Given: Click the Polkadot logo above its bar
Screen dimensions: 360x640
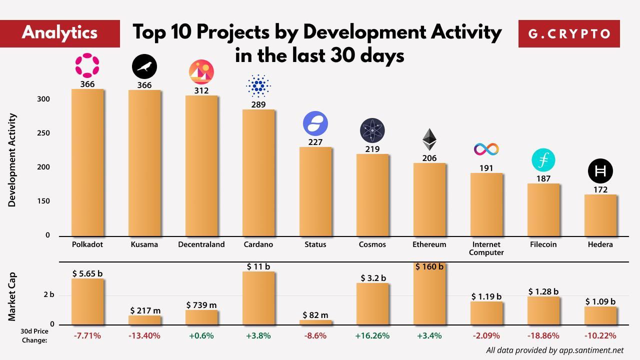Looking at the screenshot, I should coord(87,65).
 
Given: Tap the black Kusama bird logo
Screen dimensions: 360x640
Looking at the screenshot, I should coord(144,66).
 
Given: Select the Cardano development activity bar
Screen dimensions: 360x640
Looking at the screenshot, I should coord(258,172).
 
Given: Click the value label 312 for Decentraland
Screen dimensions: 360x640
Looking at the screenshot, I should coord(201,90).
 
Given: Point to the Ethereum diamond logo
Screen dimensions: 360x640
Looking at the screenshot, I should coord(429,139).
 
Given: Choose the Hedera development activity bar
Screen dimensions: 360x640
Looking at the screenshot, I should coord(600,215).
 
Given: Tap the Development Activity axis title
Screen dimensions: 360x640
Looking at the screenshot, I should coord(13,160).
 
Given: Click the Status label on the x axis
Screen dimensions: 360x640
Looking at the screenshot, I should coord(315,244).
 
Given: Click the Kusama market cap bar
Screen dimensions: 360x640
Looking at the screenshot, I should coord(144,320).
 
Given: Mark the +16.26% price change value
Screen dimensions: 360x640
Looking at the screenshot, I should coord(372,336).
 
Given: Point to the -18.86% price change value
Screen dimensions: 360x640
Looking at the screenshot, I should coord(543,336).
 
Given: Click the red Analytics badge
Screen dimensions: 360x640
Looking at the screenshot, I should coord(60,33).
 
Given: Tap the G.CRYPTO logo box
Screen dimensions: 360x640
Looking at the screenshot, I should coord(569,33).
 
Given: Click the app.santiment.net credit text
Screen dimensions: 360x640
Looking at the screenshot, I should coord(555,350).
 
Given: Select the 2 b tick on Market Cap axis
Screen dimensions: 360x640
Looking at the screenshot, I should coord(48,295).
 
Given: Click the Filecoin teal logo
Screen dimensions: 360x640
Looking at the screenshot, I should coord(543,159).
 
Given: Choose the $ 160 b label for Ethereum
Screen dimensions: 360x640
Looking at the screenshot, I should coord(429,267).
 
